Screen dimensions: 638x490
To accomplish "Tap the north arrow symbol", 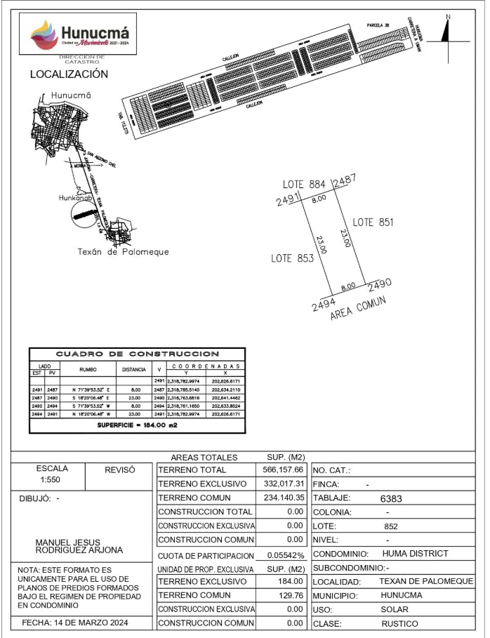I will click(447, 31).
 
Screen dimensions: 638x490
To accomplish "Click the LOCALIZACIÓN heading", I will click(69, 74).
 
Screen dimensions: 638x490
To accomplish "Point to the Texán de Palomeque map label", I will click(123, 252).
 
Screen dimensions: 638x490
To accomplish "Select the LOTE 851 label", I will click(373, 222).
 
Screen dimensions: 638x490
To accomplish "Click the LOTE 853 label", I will click(292, 258).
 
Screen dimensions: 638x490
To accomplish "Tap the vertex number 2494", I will click(322, 306).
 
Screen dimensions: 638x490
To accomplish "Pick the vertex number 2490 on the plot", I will click(379, 284).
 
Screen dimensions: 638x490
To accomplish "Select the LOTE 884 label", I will click(304, 184).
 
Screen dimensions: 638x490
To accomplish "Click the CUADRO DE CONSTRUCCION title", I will click(138, 354).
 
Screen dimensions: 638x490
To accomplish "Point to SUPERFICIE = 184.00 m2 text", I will click(138, 425).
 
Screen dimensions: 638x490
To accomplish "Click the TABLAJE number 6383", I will click(390, 498).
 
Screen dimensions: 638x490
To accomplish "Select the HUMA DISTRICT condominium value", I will click(420, 554).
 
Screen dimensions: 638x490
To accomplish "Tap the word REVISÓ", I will click(119, 470).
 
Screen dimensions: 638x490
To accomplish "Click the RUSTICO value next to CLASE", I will click(399, 623).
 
